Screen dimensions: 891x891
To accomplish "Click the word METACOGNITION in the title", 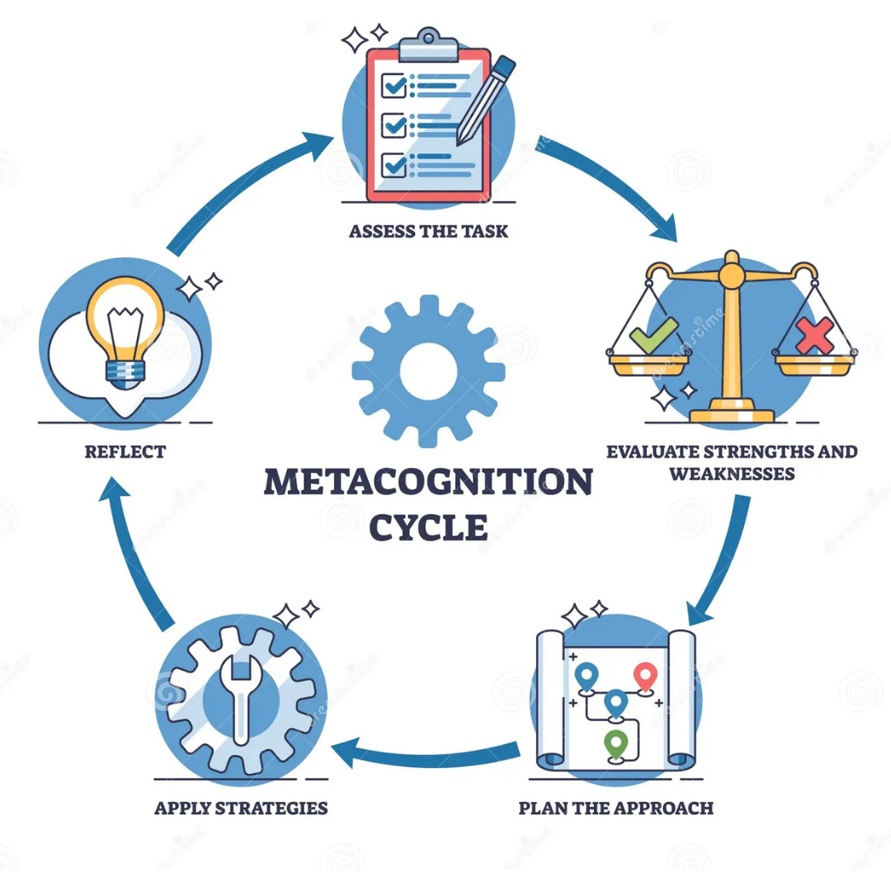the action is point(428,482).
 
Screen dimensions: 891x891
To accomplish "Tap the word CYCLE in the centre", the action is point(428,527).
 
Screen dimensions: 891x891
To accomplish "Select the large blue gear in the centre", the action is point(428,371).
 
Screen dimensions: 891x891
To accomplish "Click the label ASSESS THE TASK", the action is point(428,231).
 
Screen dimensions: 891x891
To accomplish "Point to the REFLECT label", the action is point(125,452).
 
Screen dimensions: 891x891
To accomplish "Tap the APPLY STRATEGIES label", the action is point(241,808).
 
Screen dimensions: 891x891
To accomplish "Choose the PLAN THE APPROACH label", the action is point(616,808).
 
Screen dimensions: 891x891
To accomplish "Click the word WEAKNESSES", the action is point(732,474).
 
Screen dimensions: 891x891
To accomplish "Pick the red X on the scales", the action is point(814,335).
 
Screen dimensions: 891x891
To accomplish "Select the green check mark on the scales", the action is point(653,335).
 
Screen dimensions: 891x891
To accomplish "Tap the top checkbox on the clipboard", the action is point(394,86).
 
